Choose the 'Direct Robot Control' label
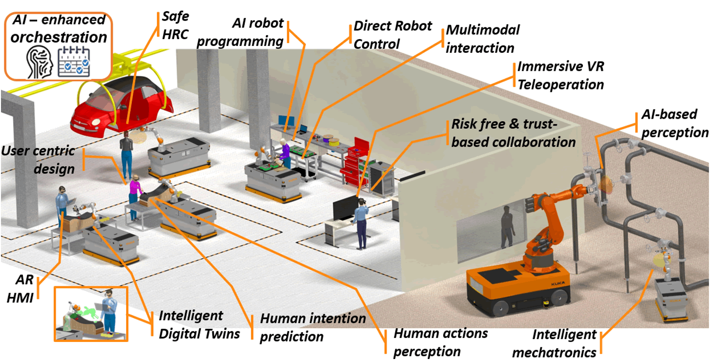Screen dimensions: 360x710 (x=392, y=34)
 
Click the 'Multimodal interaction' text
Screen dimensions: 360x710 (x=482, y=39)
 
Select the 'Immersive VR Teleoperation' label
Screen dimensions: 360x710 (x=560, y=75)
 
